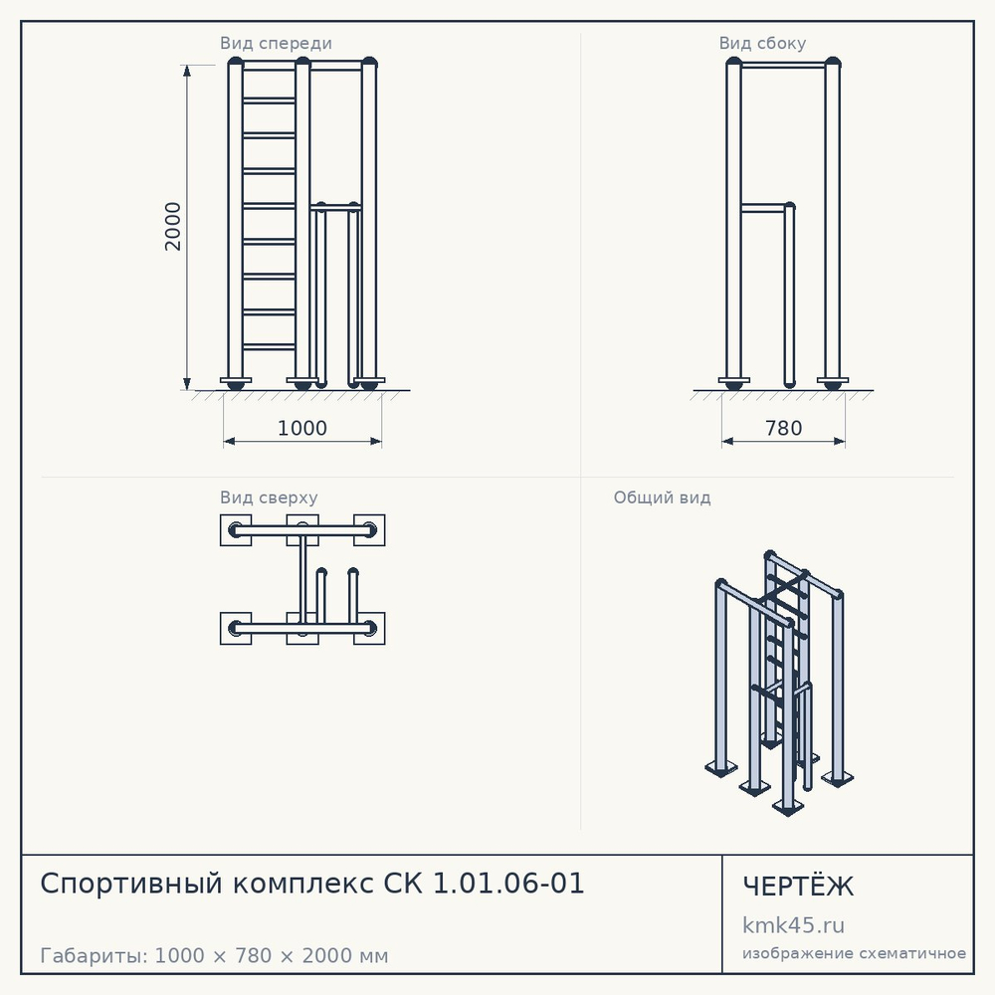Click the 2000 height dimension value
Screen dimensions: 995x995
click(x=172, y=227)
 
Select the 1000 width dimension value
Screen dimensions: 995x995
click(x=302, y=428)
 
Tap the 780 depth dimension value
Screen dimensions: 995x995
click(x=784, y=428)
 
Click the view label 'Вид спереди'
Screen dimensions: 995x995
click(x=276, y=43)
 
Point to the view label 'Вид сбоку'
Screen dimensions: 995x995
click(x=762, y=43)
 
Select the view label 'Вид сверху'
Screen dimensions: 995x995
click(x=269, y=497)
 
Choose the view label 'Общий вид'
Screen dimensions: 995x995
click(x=662, y=497)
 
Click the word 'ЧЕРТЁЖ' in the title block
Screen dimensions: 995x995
click(x=798, y=887)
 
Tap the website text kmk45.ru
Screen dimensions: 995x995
click(x=793, y=925)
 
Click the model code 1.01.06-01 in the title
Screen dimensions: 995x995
click(x=508, y=884)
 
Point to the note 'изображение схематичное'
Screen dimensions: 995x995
click(x=854, y=954)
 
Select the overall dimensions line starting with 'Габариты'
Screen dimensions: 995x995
click(x=214, y=955)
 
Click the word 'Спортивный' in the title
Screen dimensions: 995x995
click(x=131, y=884)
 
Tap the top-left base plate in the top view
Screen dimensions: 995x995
click(x=236, y=530)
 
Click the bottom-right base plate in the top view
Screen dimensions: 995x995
click(x=369, y=628)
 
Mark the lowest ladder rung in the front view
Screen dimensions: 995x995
click(x=269, y=347)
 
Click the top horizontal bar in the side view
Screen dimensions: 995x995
click(x=783, y=65)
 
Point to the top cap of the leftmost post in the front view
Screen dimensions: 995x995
click(x=236, y=62)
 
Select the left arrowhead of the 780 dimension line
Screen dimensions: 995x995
click(x=727, y=441)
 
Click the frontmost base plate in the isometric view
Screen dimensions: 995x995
click(x=787, y=807)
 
